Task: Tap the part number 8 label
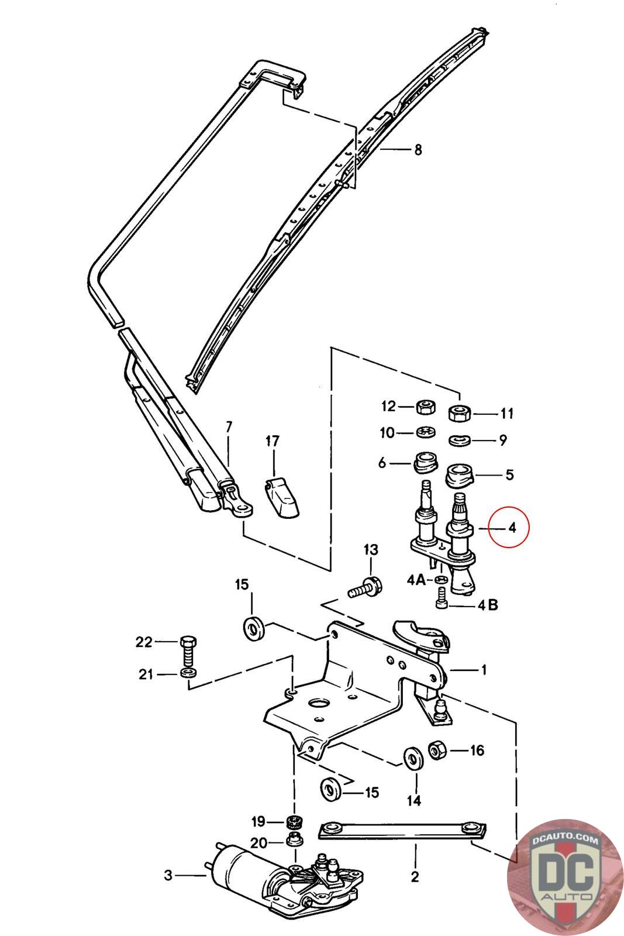418,150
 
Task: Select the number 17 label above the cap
273,441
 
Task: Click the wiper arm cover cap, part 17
282,498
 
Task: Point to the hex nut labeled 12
426,407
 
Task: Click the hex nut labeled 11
460,413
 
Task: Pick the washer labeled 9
460,441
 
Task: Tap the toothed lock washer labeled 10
426,432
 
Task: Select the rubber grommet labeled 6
426,462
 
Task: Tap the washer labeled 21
189,673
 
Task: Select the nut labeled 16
437,750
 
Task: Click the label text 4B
488,605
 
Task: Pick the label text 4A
416,580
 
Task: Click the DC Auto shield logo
565,877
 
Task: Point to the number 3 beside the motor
168,875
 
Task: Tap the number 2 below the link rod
415,876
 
